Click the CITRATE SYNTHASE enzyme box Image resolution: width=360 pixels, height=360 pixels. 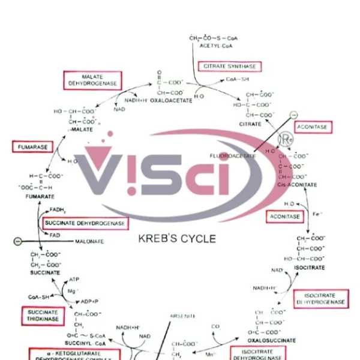(230, 66)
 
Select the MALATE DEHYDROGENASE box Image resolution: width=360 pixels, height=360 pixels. (93, 80)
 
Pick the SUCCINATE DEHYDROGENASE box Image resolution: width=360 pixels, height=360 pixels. (85, 223)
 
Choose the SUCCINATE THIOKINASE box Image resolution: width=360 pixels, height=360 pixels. (43, 316)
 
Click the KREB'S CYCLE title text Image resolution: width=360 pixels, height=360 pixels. (177, 239)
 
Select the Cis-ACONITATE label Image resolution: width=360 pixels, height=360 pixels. (297, 185)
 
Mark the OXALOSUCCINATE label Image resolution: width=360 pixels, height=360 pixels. (272, 340)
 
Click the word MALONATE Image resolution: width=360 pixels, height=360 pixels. (89, 241)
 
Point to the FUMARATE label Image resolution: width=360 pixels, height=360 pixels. (40, 196)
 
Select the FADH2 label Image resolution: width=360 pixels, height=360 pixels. (58, 211)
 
